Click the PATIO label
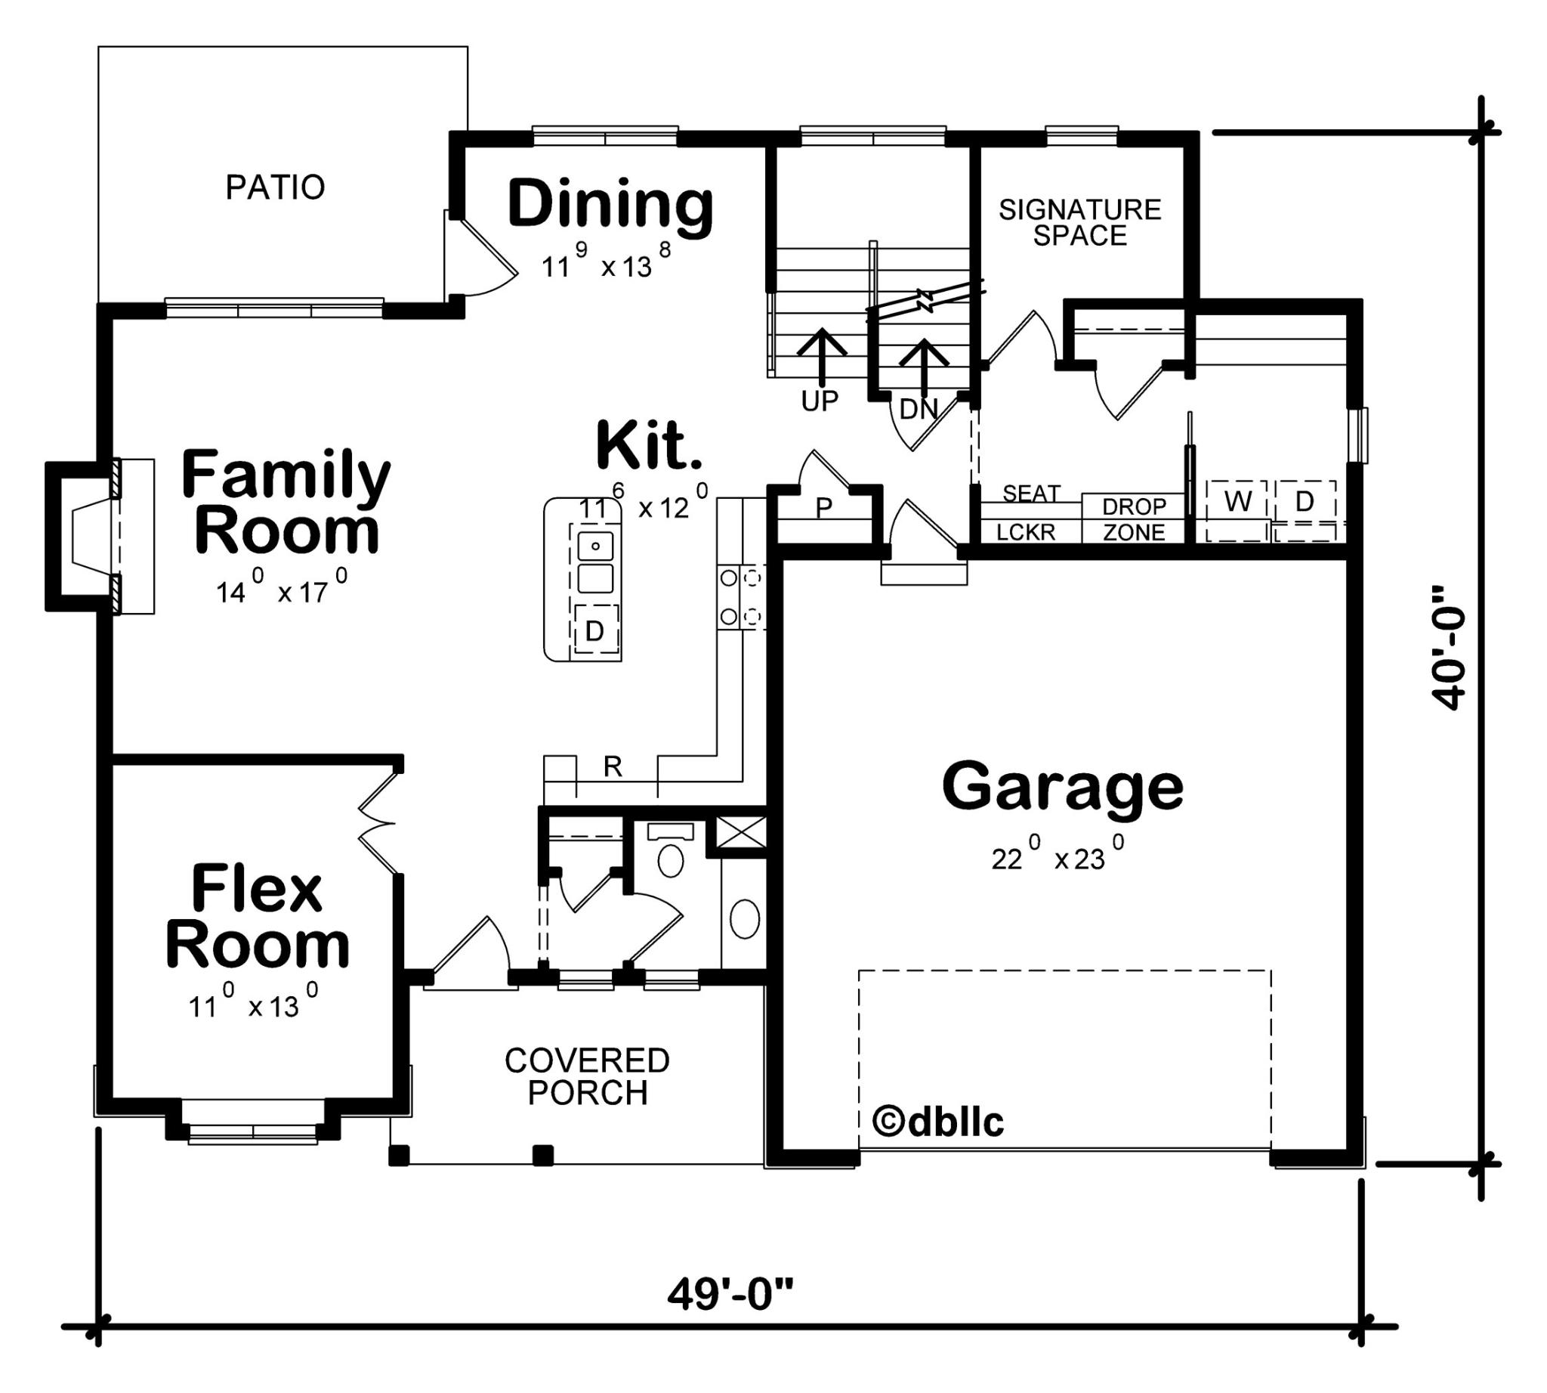275,187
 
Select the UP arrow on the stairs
822,356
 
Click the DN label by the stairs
919,410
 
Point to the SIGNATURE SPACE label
1079,222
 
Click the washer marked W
1237,502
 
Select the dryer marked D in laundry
1305,502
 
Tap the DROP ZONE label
1134,519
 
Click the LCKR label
1025,531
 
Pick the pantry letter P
823,506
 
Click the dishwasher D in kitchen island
594,630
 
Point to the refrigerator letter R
612,766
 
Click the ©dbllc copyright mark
937,1122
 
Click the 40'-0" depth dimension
1448,648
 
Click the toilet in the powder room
671,859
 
